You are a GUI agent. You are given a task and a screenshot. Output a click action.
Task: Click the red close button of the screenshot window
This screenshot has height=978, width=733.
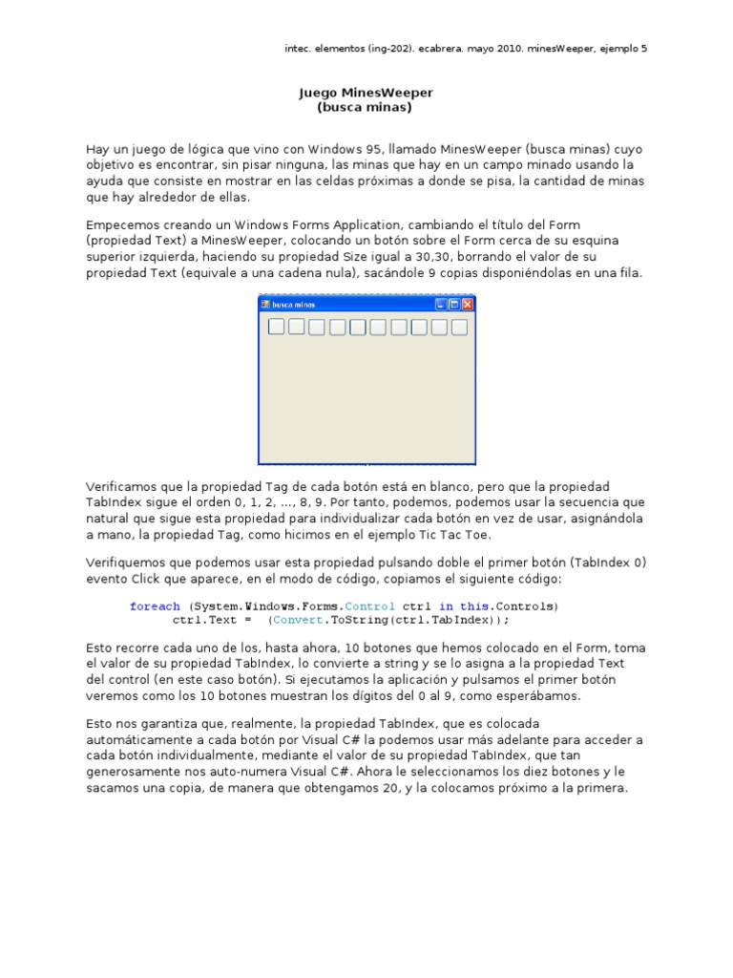click(x=468, y=305)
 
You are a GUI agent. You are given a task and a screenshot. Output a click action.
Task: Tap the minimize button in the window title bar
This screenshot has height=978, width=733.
click(x=441, y=305)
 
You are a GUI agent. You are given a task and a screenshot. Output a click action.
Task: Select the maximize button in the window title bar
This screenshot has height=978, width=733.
click(x=454, y=305)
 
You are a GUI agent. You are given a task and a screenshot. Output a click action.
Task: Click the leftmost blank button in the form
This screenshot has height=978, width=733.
click(x=276, y=328)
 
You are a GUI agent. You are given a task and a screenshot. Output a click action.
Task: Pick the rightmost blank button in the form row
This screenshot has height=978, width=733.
click(x=459, y=328)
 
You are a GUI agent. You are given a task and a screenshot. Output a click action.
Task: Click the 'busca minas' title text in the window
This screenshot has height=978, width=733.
click(x=294, y=305)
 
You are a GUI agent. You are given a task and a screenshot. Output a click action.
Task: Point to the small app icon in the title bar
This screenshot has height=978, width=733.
click(x=266, y=305)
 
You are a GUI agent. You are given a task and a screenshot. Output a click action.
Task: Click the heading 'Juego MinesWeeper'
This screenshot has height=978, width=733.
click(x=366, y=93)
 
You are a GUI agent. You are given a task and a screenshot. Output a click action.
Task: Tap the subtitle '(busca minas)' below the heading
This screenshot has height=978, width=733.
click(x=365, y=107)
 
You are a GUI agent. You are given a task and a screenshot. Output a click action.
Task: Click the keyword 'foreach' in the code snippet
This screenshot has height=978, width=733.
click(x=155, y=606)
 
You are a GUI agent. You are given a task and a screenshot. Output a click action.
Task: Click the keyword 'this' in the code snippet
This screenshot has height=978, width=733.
click(x=473, y=606)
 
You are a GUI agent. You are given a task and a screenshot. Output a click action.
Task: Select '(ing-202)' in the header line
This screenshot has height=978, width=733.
click(x=377, y=48)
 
